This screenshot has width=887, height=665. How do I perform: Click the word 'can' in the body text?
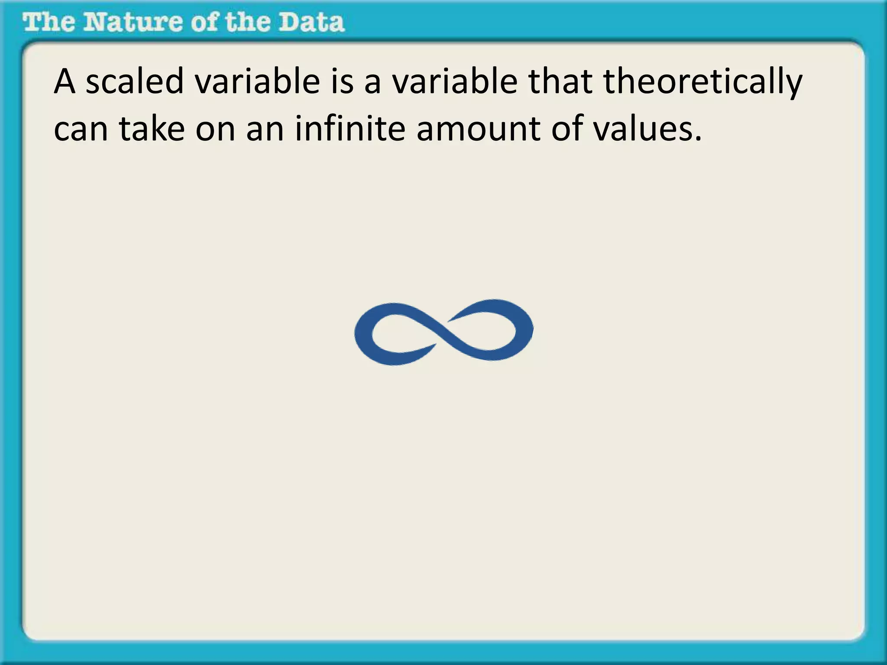(x=81, y=129)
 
